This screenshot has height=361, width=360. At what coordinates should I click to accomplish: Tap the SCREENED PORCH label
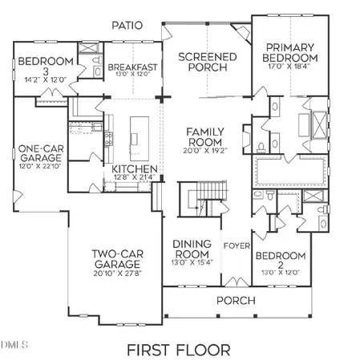(x=207, y=62)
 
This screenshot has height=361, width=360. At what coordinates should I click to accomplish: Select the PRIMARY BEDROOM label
(x=293, y=52)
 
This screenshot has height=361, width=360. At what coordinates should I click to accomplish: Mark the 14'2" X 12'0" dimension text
(x=46, y=79)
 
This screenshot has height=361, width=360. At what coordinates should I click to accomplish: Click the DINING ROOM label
(x=193, y=249)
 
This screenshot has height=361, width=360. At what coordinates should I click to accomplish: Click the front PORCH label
(x=236, y=300)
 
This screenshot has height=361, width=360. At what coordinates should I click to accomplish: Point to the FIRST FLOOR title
(x=178, y=350)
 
